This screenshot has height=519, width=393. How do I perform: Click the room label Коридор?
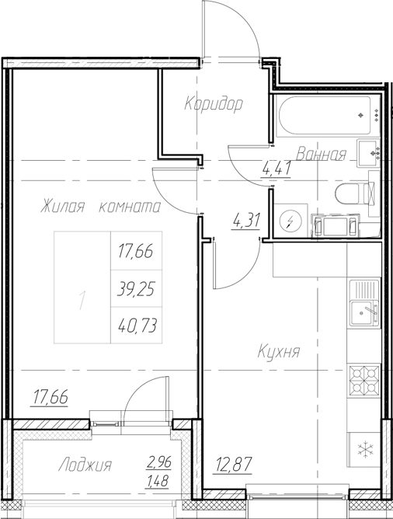tap(214, 103)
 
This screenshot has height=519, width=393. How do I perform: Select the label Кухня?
tap(279, 352)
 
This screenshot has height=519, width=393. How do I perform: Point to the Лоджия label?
tap(85, 466)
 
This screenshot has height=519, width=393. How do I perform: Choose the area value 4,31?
tap(247, 220)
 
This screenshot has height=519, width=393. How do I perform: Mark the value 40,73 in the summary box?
tap(136, 326)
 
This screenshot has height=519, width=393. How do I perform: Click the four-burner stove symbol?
tap(363, 381)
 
